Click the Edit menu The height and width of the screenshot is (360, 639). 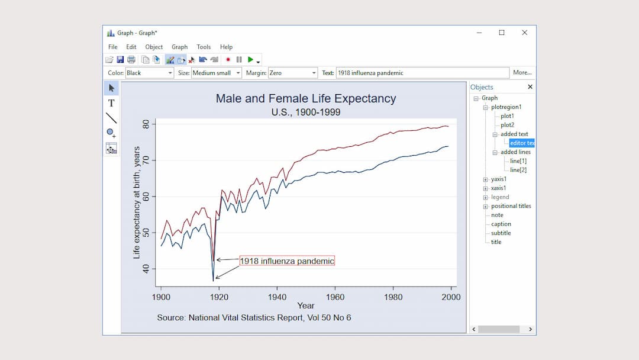click(131, 47)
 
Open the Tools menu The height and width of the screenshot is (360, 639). click(204, 47)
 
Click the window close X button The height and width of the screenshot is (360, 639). click(524, 33)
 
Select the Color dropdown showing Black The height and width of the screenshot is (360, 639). click(149, 73)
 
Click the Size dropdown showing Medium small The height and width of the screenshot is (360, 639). click(217, 73)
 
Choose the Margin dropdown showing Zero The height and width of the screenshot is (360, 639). click(293, 73)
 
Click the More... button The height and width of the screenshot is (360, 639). click(522, 73)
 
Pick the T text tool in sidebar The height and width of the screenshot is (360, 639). click(111, 103)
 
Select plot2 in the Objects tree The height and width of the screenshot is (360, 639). click(507, 125)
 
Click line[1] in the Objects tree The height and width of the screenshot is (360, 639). click(518, 161)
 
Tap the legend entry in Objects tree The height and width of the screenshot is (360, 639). click(499, 197)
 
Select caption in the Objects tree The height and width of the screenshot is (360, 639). click(501, 224)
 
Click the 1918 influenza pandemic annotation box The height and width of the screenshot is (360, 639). click(287, 261)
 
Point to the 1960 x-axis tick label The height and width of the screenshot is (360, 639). click(335, 297)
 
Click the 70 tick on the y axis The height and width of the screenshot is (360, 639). click(146, 160)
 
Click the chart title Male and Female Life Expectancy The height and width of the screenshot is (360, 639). click(306, 98)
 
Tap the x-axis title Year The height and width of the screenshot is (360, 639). click(306, 306)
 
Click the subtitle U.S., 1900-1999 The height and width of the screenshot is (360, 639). click(306, 112)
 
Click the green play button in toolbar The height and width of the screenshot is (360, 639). click(251, 59)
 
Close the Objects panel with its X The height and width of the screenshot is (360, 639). click(530, 87)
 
